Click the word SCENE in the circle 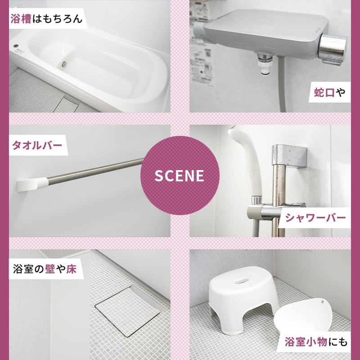pos(179,175)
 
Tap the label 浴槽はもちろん pos(46,18)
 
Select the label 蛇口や pos(329,92)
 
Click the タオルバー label pos(37,145)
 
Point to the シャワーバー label pos(315,218)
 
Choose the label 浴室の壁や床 pos(45,269)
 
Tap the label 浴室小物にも pos(316,342)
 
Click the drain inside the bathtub pos(64,64)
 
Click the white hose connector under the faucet pos(265,65)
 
